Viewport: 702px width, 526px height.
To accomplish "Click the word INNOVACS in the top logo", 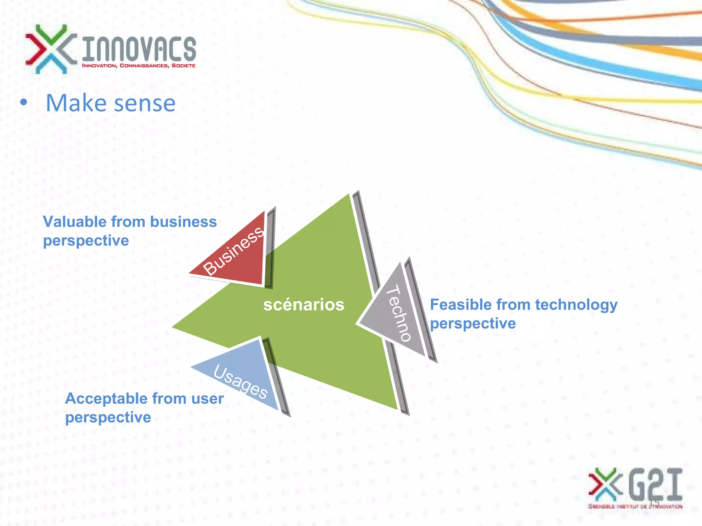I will pos(139,49).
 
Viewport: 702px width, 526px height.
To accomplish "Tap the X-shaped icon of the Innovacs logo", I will pos(51,49).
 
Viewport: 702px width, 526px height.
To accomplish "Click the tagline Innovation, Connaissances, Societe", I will pos(139,65).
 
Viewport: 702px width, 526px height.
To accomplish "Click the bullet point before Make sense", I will pos(23,102).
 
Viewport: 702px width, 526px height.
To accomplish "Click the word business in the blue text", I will pos(183,222).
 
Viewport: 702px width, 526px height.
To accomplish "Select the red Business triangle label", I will pos(233,251).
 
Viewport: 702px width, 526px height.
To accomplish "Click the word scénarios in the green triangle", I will pos(304,304).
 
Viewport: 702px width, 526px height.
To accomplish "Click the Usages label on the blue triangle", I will pos(240,382).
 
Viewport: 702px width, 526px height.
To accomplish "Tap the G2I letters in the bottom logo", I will pos(655,484).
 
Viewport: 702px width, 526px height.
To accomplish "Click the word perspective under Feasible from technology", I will pos(473,324).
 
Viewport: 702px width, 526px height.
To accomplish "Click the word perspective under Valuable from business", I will pos(86,240).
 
